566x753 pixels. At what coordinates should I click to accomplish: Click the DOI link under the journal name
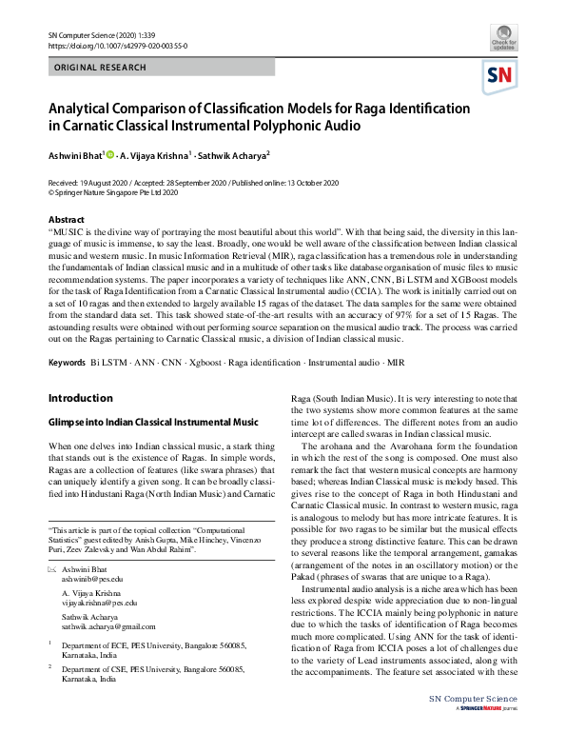pyautogui.click(x=105, y=45)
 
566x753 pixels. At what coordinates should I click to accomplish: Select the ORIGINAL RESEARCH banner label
pyautogui.click(x=101, y=68)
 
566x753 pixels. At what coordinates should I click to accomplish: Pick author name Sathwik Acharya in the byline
pyautogui.click(x=235, y=155)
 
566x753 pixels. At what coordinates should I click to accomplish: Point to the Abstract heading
pyautogui.click(x=66, y=219)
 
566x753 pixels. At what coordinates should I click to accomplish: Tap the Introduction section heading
pyautogui.click(x=81, y=398)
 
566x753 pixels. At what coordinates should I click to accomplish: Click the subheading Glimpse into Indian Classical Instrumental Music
pyautogui.click(x=153, y=422)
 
